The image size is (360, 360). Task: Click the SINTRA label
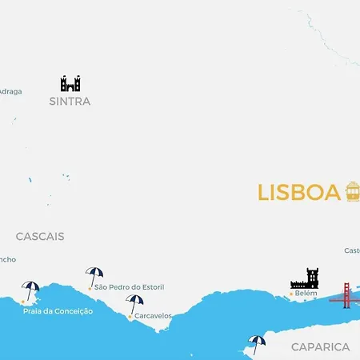(x=70, y=102)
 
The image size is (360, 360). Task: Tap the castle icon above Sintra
(x=70, y=83)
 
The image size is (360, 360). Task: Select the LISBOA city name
(x=299, y=193)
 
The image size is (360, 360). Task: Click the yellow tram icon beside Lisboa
(x=352, y=191)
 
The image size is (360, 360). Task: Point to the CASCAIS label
(x=40, y=237)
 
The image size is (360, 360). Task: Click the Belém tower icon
(x=305, y=278)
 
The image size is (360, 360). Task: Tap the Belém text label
(x=306, y=294)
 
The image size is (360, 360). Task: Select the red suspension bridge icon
(x=346, y=295)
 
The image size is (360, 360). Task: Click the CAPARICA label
(x=320, y=347)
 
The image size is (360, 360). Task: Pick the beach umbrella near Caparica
(x=257, y=343)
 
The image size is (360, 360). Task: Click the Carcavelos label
(x=153, y=316)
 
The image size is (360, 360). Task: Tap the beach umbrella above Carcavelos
(x=134, y=303)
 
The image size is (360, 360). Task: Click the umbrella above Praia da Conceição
(x=31, y=290)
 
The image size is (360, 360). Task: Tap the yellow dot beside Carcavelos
(x=130, y=317)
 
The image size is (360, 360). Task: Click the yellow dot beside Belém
(x=290, y=294)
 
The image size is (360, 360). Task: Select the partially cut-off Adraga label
(x=10, y=91)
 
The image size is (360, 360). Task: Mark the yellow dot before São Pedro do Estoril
(x=90, y=287)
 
